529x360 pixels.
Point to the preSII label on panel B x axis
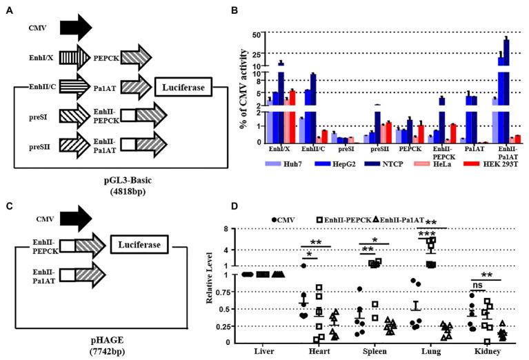(x=374, y=148)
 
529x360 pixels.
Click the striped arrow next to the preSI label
(x=71, y=118)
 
